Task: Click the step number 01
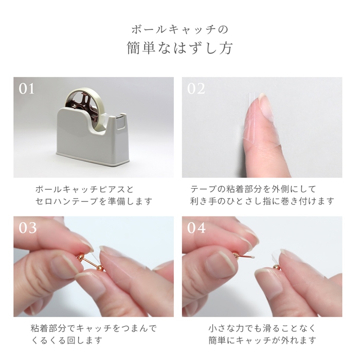click(x=27, y=88)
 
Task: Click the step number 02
click(x=196, y=88)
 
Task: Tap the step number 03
click(x=27, y=227)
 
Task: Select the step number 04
click(x=196, y=227)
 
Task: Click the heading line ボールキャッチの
click(x=179, y=28)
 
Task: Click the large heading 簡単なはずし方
click(x=179, y=48)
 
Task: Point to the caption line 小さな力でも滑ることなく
click(x=262, y=328)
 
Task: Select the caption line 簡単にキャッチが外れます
click(x=262, y=340)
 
